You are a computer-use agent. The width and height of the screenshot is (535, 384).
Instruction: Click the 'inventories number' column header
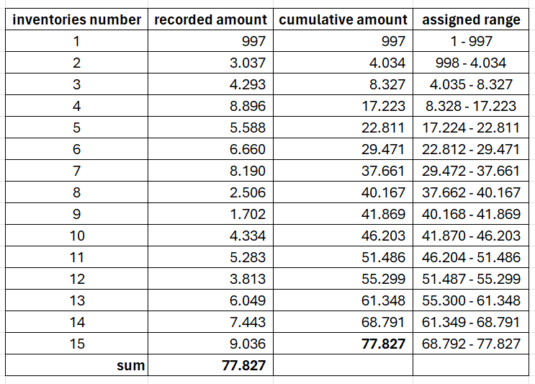[76, 20]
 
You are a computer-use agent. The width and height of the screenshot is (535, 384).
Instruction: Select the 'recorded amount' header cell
[210, 20]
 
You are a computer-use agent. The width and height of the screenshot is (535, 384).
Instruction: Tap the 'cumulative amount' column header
[343, 20]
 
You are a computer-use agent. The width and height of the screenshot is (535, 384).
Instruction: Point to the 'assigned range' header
[471, 20]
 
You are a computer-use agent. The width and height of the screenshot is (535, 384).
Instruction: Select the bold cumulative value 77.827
[384, 344]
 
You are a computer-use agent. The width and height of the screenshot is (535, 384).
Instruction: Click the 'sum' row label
[130, 365]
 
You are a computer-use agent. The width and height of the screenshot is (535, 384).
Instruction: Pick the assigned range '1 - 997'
[473, 41]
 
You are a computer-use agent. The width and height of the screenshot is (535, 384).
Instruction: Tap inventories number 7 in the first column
[76, 171]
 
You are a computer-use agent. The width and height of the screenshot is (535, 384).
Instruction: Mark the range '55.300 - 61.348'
[473, 300]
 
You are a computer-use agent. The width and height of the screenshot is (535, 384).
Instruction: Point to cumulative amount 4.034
[387, 63]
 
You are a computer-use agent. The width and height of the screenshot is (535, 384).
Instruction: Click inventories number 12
[76, 279]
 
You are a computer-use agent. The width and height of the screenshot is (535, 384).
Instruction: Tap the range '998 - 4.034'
[473, 63]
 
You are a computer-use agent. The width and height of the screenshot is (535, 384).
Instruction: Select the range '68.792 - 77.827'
[473, 344]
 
